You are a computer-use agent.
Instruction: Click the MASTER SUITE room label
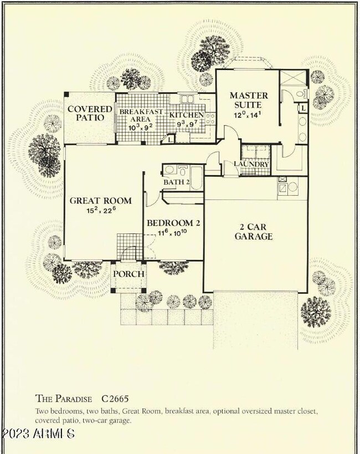tap(249, 100)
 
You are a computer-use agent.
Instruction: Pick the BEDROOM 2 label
tap(173, 223)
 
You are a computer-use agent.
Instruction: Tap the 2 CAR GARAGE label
tap(255, 231)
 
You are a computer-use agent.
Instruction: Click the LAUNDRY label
tap(251, 165)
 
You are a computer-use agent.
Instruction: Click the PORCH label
tap(128, 274)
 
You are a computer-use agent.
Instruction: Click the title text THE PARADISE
tap(65, 398)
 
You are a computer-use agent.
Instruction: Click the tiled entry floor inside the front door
tap(126, 243)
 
